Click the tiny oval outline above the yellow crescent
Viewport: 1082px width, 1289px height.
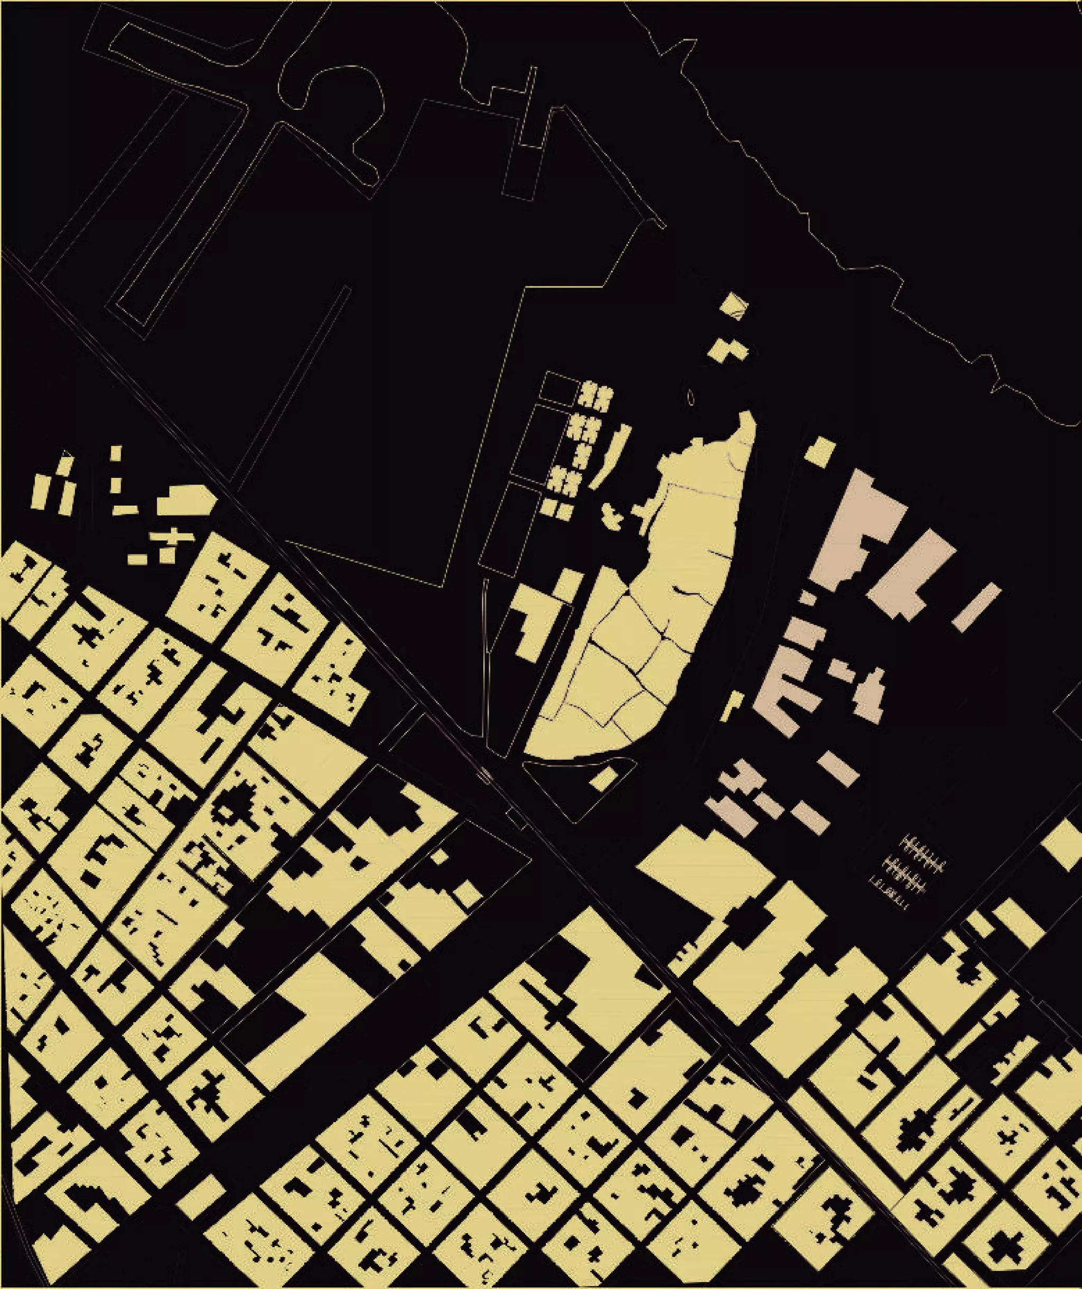coord(692,398)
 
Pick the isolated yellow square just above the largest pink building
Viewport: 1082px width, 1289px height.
coord(819,451)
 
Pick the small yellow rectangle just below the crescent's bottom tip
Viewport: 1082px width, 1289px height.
coord(604,779)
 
